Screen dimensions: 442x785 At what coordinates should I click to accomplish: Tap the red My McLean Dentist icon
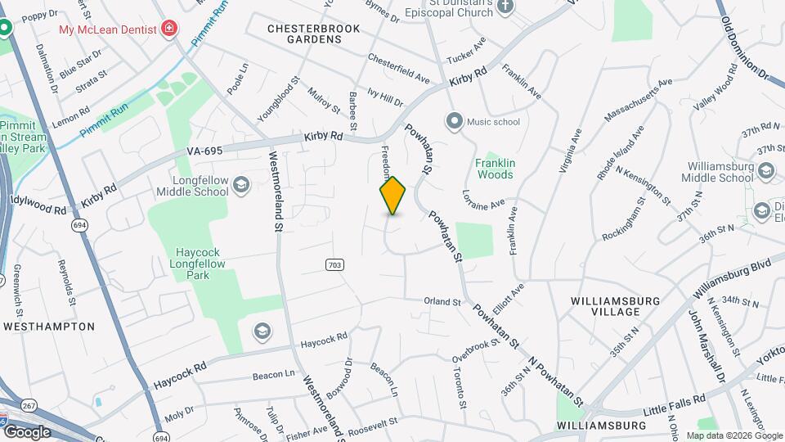coord(169,29)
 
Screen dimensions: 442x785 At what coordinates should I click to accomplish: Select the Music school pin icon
coord(454,122)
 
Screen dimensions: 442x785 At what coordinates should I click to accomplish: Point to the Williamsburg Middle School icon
coord(765,171)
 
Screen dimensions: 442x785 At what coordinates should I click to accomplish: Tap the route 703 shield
coord(334,264)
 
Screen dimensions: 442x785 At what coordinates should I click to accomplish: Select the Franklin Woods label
coord(495,169)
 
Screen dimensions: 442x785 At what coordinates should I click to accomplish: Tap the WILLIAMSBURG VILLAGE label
coord(616,307)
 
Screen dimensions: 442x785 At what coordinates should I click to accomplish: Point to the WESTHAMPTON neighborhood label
coord(49,326)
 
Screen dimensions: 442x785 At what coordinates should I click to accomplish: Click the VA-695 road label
coord(205,151)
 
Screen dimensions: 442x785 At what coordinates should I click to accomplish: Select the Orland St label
coord(442,301)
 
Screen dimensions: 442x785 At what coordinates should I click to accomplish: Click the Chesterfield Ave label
coord(398,68)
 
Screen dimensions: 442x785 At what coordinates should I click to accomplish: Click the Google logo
coord(26,431)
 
